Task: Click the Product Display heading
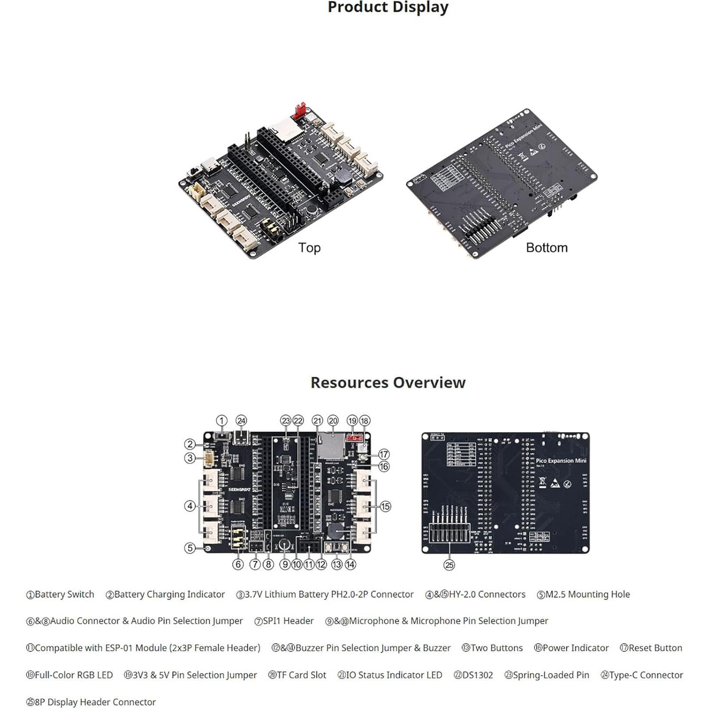pos(388,8)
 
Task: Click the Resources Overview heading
pos(388,382)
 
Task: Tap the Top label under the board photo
pos(309,247)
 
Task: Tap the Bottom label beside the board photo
pos(546,247)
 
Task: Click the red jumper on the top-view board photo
pos(299,111)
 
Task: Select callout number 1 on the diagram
pos(221,420)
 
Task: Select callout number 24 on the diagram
pos(241,420)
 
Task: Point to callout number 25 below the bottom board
pos(449,565)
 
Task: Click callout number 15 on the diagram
pos(385,507)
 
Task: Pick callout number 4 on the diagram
pos(190,506)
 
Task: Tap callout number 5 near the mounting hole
pos(190,548)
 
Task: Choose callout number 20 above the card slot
pos(333,420)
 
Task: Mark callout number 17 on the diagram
pos(384,454)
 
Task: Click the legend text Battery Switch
pos(64,594)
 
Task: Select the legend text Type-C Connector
pos(646,675)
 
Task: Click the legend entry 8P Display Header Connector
pos(95,702)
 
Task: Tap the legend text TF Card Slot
pos(301,675)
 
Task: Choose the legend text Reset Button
pos(655,648)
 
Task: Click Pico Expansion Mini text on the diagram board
pos(560,460)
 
